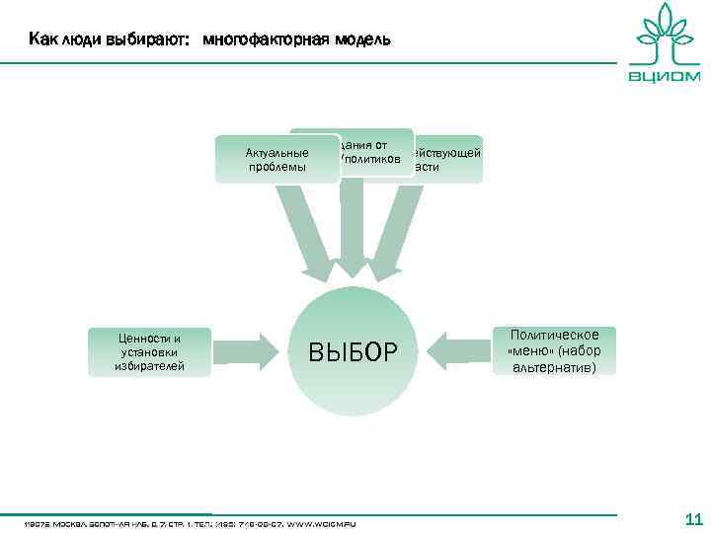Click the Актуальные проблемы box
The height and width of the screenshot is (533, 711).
(276, 160)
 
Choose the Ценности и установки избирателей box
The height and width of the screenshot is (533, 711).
(149, 351)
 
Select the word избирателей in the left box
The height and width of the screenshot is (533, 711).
(149, 365)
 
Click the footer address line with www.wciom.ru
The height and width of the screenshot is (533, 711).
(197, 522)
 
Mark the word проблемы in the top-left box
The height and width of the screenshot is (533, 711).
(276, 167)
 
